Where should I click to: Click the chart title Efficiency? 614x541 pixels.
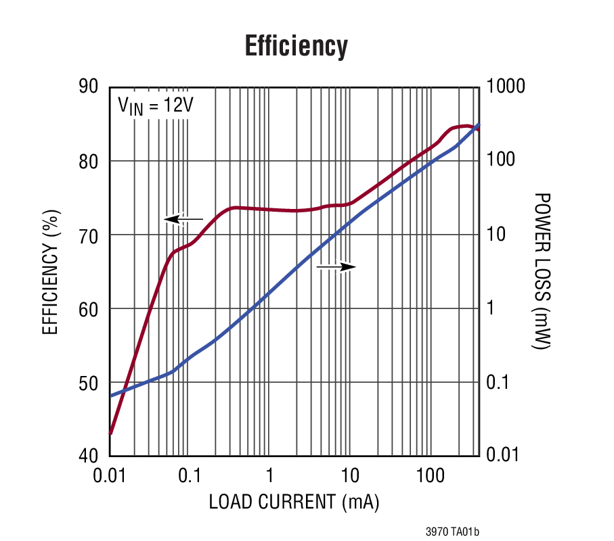pyautogui.click(x=296, y=47)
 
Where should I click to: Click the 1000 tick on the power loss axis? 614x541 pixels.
pyautogui.click(x=506, y=87)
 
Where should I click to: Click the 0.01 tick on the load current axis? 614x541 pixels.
pyautogui.click(x=110, y=475)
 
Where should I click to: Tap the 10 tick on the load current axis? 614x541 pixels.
pyautogui.click(x=349, y=475)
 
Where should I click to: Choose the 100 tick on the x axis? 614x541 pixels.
pyautogui.click(x=429, y=475)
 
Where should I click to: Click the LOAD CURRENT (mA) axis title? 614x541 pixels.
pyautogui.click(x=293, y=502)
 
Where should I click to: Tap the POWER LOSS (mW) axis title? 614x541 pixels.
pyautogui.click(x=541, y=271)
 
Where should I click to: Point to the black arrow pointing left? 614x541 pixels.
pyautogui.click(x=183, y=219)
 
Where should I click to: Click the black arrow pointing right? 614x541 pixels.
pyautogui.click(x=336, y=267)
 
